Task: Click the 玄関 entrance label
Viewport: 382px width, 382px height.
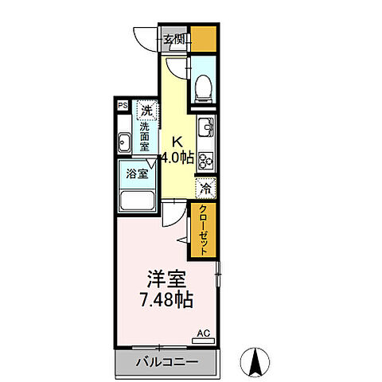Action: (x=175, y=38)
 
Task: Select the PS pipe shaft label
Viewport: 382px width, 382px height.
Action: (x=123, y=105)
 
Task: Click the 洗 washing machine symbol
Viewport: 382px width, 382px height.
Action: (x=146, y=110)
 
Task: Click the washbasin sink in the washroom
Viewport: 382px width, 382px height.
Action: (x=126, y=143)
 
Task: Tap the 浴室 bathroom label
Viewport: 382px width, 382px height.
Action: (x=138, y=173)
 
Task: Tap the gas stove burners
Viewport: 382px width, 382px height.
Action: (x=205, y=159)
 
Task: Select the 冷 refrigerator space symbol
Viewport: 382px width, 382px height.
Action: (x=205, y=189)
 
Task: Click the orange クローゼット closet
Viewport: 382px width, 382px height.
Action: (x=201, y=230)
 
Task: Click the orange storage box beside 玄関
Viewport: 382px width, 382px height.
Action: (x=204, y=38)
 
